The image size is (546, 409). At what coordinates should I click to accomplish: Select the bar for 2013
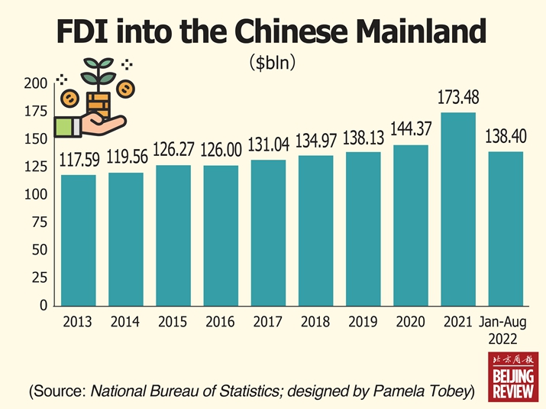pos(79,240)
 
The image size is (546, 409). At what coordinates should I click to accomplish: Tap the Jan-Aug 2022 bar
pos(506,229)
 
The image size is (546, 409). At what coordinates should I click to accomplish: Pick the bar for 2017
pos(268,232)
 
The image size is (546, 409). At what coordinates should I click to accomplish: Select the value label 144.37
pos(411,130)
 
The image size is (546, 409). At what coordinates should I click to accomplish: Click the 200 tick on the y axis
pos(37,83)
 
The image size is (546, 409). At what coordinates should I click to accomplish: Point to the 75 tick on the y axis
pos(40,222)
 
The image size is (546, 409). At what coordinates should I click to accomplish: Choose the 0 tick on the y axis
pos(44,306)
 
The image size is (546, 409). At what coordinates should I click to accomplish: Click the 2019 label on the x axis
pos(363,323)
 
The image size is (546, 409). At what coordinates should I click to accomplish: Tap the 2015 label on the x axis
pos(173,323)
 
